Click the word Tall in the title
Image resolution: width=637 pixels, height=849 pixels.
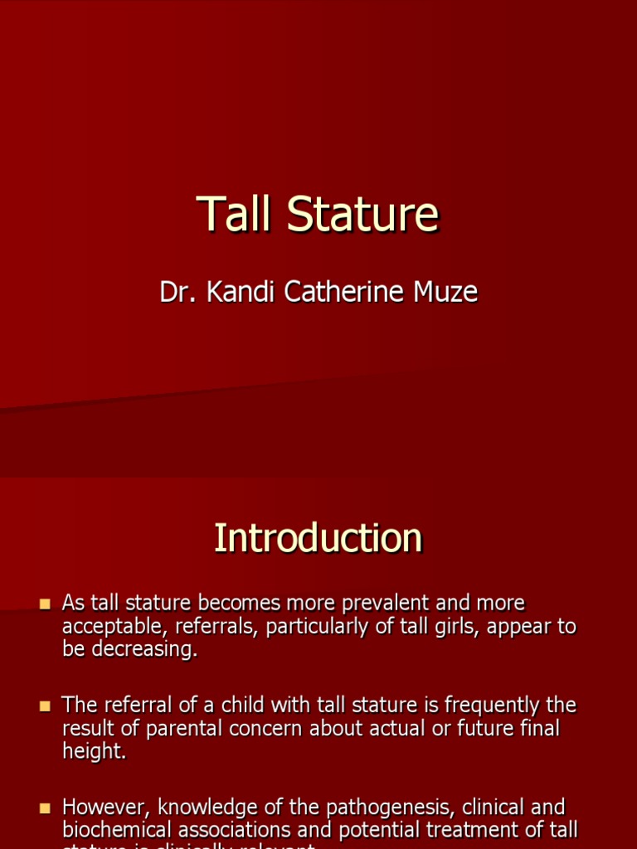point(234,215)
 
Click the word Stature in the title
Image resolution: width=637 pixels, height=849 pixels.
point(362,215)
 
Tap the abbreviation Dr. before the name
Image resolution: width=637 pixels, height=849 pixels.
point(175,292)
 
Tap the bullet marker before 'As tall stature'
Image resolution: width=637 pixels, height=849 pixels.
point(45,604)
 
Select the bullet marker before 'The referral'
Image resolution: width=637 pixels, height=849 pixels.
point(45,706)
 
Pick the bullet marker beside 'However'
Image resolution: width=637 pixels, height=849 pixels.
point(45,808)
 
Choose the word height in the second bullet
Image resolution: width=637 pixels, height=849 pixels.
point(94,752)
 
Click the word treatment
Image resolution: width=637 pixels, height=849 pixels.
point(478,829)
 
